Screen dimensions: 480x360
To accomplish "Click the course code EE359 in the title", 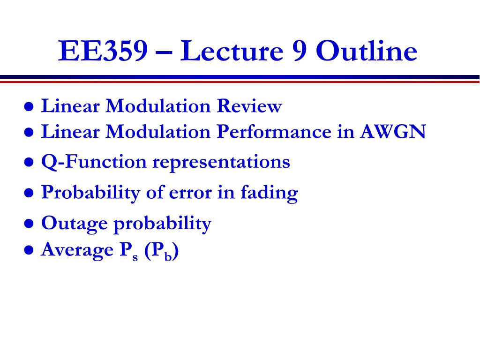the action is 103,51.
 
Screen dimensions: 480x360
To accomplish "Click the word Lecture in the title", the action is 232,51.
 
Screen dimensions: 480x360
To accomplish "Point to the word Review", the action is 249,106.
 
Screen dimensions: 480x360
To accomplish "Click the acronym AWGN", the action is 393,132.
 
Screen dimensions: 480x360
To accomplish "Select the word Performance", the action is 274,132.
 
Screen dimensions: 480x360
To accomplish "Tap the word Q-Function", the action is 94,161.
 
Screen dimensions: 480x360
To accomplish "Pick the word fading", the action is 270,193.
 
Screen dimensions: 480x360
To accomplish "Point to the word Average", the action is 77,250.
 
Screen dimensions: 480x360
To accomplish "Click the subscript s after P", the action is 135,257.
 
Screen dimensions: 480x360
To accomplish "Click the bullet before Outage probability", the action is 29,224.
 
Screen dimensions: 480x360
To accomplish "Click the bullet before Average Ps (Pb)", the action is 29,250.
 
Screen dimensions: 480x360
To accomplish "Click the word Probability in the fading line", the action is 90,193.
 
